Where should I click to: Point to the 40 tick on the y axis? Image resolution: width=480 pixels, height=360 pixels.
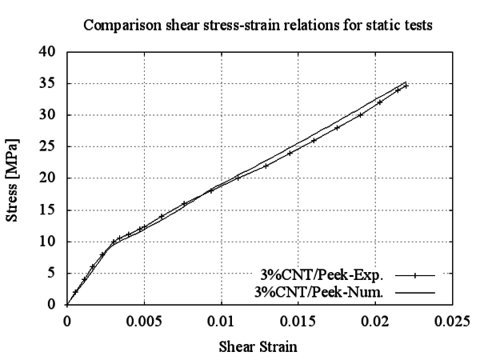[x=50, y=52]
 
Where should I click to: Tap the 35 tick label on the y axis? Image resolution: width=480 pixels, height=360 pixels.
[x=50, y=83]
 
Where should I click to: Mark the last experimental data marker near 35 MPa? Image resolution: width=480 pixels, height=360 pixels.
[x=406, y=86]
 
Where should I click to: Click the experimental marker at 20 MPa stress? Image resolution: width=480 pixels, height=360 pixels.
[x=238, y=178]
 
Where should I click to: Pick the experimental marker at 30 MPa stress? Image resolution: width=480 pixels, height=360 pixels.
[x=361, y=114]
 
